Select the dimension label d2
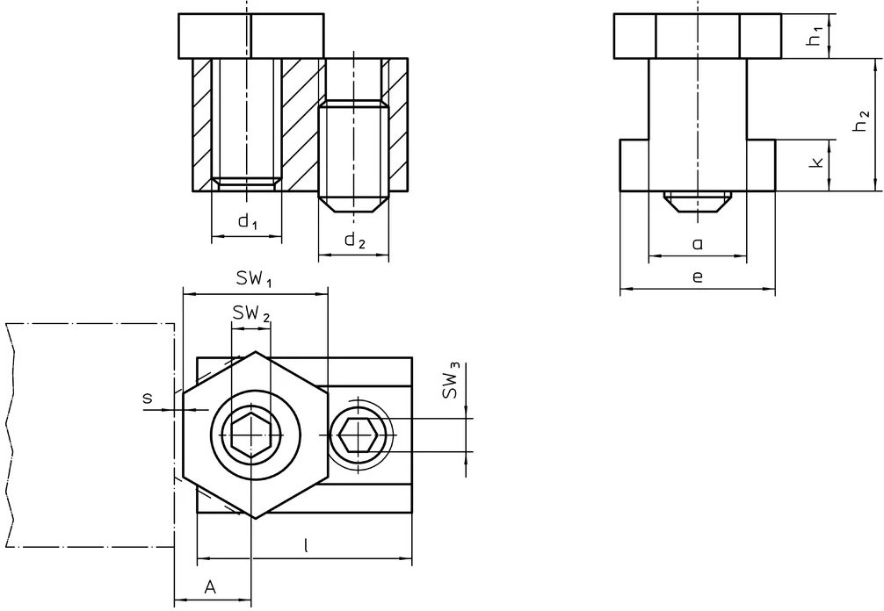(x=353, y=241)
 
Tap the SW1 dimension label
(x=254, y=279)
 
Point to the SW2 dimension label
(x=250, y=313)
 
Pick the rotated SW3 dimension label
(x=451, y=382)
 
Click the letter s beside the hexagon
(x=147, y=399)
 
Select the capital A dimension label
(x=210, y=586)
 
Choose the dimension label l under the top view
(x=305, y=544)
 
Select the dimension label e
(x=697, y=277)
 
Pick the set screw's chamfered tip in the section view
(x=353, y=204)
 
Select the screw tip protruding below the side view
(x=697, y=201)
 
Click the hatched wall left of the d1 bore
(x=202, y=123)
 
